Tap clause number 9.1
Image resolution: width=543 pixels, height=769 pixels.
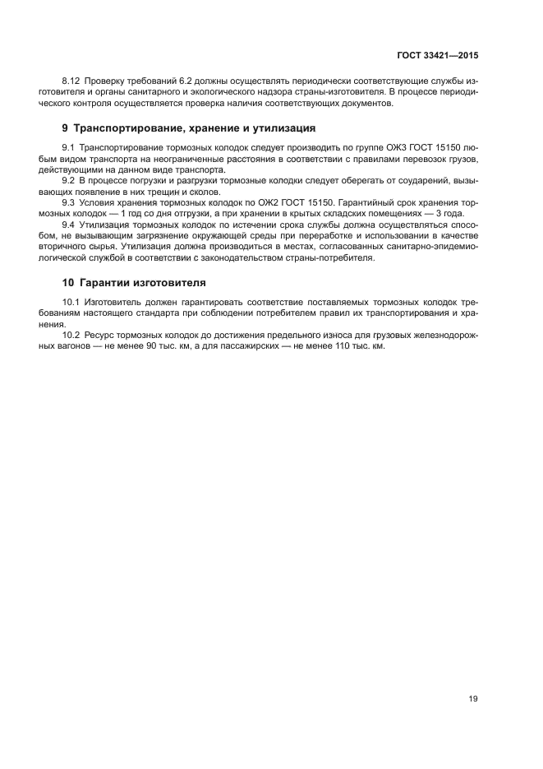pos(69,146)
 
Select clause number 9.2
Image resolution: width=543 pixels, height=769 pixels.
pos(69,179)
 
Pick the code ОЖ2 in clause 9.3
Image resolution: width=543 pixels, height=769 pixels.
pos(281,202)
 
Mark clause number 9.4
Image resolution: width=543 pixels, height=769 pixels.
pos(69,224)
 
